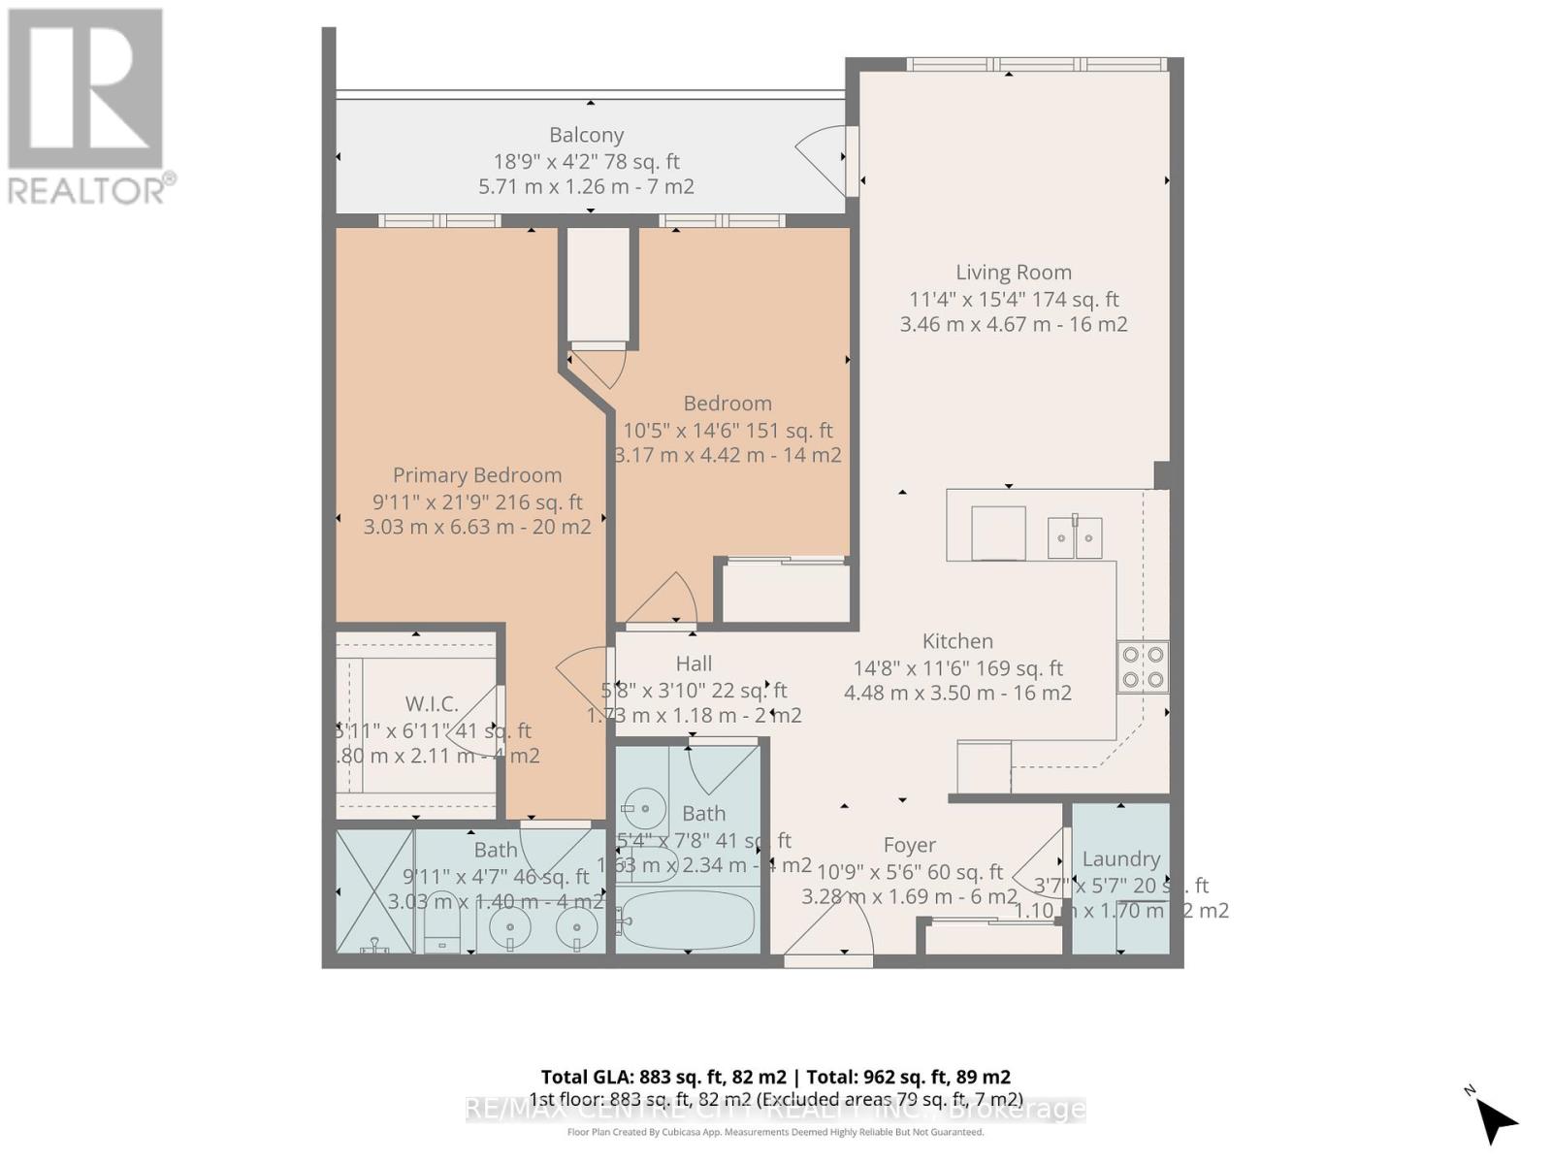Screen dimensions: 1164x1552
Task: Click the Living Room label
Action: coord(1014,273)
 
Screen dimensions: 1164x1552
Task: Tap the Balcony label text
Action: coord(586,135)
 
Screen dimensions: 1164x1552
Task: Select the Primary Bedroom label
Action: coord(476,475)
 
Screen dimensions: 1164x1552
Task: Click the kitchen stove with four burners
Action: coord(1142,666)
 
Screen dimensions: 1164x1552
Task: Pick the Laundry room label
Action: coord(1120,858)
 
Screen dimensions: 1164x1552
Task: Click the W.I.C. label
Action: coord(431,704)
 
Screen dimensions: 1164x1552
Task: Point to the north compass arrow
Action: coord(1497,1119)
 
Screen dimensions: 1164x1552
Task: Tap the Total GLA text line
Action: coord(775,1077)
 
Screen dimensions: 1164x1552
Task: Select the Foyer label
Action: coord(909,846)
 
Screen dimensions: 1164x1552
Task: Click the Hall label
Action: coord(694,663)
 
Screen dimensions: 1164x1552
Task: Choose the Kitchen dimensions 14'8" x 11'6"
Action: coord(957,668)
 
